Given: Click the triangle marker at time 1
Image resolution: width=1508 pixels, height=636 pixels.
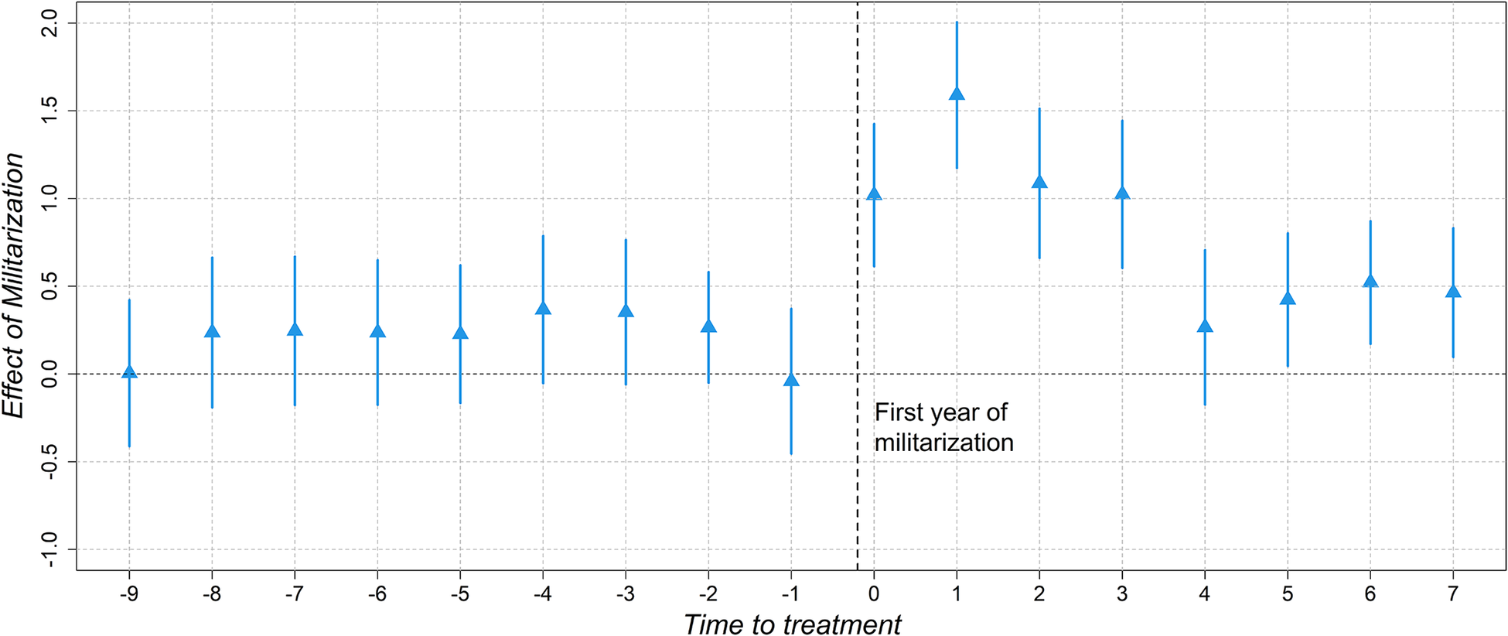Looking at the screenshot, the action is pyautogui.click(x=957, y=94).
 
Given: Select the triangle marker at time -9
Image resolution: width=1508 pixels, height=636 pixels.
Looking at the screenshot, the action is pyautogui.click(x=129, y=371).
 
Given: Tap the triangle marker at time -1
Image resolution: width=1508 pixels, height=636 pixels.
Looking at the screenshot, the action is pyautogui.click(x=791, y=379).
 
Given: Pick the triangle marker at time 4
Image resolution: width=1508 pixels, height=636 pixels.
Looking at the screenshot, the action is pyautogui.click(x=1205, y=326).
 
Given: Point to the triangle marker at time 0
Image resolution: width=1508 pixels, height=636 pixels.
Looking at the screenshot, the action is pyautogui.click(x=874, y=193).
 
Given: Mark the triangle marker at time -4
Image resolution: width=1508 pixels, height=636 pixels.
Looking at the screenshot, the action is pyautogui.click(x=543, y=308).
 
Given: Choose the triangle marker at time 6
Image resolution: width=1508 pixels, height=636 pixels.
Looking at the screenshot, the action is pyautogui.click(x=1370, y=280).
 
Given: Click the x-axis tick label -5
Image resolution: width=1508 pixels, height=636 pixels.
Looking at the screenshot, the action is pyautogui.click(x=460, y=594).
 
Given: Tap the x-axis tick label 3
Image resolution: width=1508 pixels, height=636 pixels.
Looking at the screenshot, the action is pyautogui.click(x=1122, y=594).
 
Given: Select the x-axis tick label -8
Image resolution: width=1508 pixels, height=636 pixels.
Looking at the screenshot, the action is pyautogui.click(x=212, y=594).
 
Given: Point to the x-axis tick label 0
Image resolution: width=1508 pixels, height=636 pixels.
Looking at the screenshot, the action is pyautogui.click(x=874, y=594).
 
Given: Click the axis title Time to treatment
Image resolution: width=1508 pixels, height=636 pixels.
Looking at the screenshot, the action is pyautogui.click(x=793, y=624).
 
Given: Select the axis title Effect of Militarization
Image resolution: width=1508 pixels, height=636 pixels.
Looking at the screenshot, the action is pyautogui.click(x=13, y=286).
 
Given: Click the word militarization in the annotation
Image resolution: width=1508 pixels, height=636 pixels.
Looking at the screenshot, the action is pyautogui.click(x=944, y=443).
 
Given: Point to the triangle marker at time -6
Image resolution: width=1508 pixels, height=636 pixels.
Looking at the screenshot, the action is pyautogui.click(x=377, y=331).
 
